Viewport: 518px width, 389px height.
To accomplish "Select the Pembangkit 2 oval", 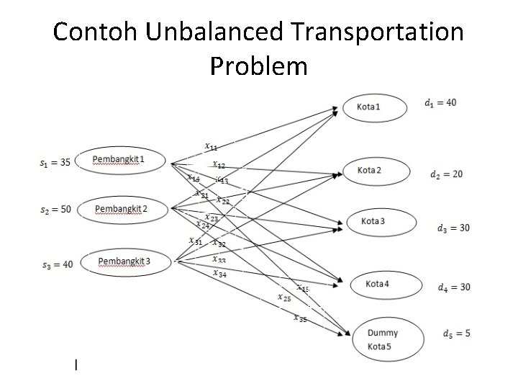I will (122, 209).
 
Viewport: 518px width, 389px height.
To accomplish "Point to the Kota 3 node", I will (382, 220).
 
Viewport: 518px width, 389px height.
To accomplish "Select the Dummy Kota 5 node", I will (382, 338).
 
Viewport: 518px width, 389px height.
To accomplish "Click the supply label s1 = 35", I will (55, 162).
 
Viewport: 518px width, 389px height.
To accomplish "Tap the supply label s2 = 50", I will (55, 210).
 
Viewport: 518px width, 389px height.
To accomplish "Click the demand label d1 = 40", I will (440, 102).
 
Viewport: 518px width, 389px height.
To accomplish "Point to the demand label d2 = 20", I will (446, 174).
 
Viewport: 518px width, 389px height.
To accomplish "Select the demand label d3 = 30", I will (453, 228).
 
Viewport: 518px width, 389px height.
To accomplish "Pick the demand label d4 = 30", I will (454, 287).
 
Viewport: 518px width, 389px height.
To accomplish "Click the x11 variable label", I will (212, 147).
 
